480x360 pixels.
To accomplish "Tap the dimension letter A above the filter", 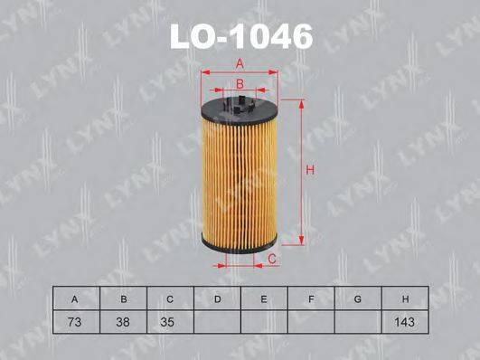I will tap(240, 62).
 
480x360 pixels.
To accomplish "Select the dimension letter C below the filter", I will tap(271, 260).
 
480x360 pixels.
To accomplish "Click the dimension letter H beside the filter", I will tap(308, 169).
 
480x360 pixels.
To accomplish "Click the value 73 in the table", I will tap(75, 320).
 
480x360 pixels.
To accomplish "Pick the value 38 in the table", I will tap(122, 320).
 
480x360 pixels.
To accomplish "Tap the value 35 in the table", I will tap(169, 320).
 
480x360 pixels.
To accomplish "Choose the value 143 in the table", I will tap(404, 320).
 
